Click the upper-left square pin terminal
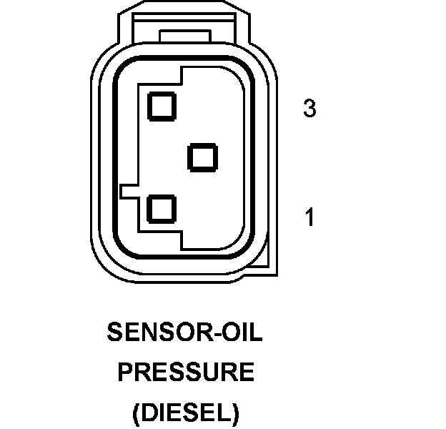[162, 105]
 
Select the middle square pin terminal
[202, 157]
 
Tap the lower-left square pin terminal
[162, 209]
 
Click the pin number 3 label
[309, 109]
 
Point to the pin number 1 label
[309, 217]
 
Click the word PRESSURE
[186, 373]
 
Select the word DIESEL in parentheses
[186, 412]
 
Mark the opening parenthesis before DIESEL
[137, 413]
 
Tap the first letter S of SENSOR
[114, 332]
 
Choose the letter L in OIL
[257, 332]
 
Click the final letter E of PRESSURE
[247, 373]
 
